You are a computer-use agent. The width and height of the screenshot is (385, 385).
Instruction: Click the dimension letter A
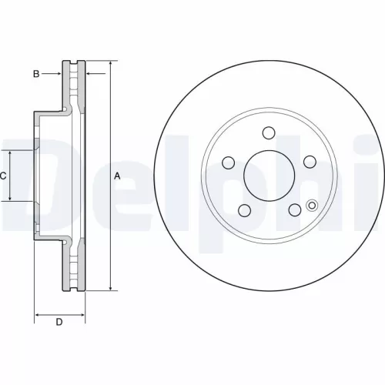pyautogui.click(x=117, y=176)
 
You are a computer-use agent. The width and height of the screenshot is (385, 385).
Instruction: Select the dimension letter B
pyautogui.click(x=35, y=74)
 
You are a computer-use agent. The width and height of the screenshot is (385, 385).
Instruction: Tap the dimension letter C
pyautogui.click(x=3, y=176)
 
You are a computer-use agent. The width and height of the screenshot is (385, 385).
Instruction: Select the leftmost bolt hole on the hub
pyautogui.click(x=229, y=162)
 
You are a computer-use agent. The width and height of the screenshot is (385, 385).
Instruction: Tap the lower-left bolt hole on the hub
pyautogui.click(x=244, y=210)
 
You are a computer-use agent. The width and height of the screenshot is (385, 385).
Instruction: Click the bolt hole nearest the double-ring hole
pyautogui.click(x=293, y=209)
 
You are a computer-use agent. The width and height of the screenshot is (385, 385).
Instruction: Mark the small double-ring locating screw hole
pyautogui.click(x=311, y=205)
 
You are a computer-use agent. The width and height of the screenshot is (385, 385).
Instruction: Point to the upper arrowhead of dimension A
pyautogui.click(x=110, y=62)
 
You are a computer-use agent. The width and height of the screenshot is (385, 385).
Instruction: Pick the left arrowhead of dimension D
pyautogui.click(x=38, y=315)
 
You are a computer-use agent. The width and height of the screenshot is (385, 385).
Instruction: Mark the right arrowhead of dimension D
pyautogui.click(x=82, y=315)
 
